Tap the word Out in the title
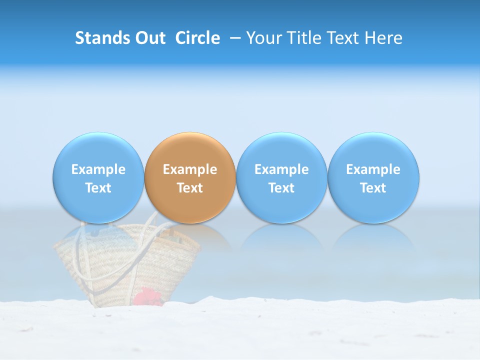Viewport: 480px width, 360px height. (149, 38)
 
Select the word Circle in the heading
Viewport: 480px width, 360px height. (197, 38)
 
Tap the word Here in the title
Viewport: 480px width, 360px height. (385, 38)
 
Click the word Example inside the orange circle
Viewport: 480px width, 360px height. (190, 169)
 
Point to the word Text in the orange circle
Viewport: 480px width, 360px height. (190, 188)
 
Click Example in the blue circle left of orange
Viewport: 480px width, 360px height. (98, 169)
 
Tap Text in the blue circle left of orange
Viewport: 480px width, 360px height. (98, 188)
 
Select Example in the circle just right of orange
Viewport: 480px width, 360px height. (281, 169)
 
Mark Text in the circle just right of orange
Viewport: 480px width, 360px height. (281, 188)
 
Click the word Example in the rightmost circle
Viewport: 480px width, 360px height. (373, 169)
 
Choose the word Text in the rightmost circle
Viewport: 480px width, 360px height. (373, 188)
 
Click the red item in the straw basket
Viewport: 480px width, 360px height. (148, 296)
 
